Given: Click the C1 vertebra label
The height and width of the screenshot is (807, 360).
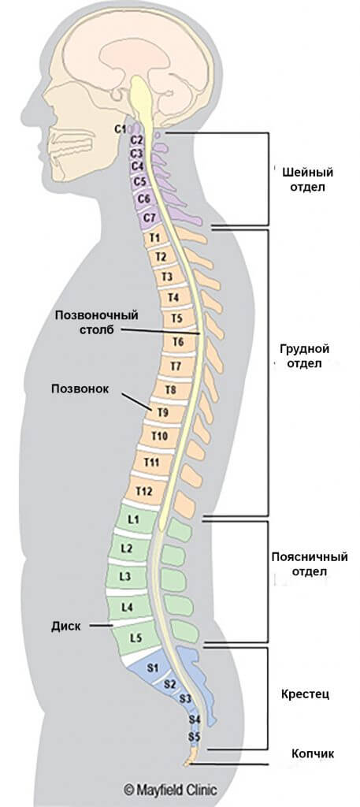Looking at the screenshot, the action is pyautogui.click(x=120, y=129).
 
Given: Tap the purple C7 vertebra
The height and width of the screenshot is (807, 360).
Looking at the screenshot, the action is pyautogui.click(x=150, y=218).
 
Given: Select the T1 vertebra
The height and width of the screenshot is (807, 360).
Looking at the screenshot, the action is pyautogui.click(x=156, y=238).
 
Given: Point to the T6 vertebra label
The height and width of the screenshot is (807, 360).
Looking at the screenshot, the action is pyautogui.click(x=178, y=341).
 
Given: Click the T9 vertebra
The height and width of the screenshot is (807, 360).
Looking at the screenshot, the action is pyautogui.click(x=163, y=411).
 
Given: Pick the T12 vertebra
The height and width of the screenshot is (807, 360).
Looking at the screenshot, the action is pyautogui.click(x=144, y=492).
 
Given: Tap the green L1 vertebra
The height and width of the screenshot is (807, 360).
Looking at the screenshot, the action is pyautogui.click(x=133, y=519).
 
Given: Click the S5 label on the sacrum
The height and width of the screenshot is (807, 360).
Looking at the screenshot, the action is pyautogui.click(x=194, y=738).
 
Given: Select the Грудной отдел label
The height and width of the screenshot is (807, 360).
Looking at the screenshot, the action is pyautogui.click(x=304, y=356).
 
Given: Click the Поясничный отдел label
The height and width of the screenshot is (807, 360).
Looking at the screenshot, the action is pyautogui.click(x=309, y=564).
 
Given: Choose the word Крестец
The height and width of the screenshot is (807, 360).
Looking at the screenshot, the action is pyautogui.click(x=305, y=694).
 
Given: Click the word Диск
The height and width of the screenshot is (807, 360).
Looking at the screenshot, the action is pyautogui.click(x=66, y=627).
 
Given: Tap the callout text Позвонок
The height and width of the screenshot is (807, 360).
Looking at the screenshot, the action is pyautogui.click(x=80, y=389).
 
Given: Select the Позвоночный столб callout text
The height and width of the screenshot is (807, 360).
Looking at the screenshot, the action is pyautogui.click(x=98, y=322).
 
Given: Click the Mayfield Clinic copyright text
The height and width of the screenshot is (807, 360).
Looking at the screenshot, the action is pyautogui.click(x=170, y=790).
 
